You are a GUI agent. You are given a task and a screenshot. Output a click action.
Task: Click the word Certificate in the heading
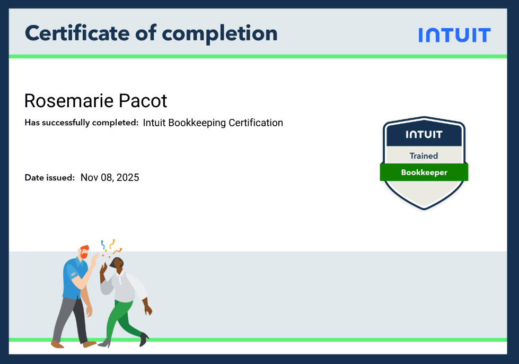point(77,33)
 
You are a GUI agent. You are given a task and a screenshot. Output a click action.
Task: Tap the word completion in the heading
point(219,34)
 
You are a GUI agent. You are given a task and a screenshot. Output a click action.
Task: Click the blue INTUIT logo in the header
point(454,35)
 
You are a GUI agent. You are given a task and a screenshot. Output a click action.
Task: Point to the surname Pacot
point(143,101)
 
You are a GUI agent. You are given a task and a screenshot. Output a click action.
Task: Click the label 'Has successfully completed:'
point(82,123)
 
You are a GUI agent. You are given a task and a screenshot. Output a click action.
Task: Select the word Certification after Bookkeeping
point(256,123)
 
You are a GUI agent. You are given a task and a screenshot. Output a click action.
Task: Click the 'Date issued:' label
point(50,178)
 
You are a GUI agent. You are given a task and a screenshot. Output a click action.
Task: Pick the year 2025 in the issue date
point(128,178)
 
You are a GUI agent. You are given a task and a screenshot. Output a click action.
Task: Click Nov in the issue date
point(89,178)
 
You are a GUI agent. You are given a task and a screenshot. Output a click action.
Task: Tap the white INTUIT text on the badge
point(424,134)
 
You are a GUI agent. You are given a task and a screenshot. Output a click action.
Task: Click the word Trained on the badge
point(424,155)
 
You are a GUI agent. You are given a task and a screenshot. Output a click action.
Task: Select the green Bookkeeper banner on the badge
point(424,172)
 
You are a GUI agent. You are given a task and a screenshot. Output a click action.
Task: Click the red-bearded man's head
point(84,252)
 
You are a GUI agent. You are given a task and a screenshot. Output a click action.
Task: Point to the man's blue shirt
point(74,278)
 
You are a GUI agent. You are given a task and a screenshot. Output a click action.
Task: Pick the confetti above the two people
point(111,248)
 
